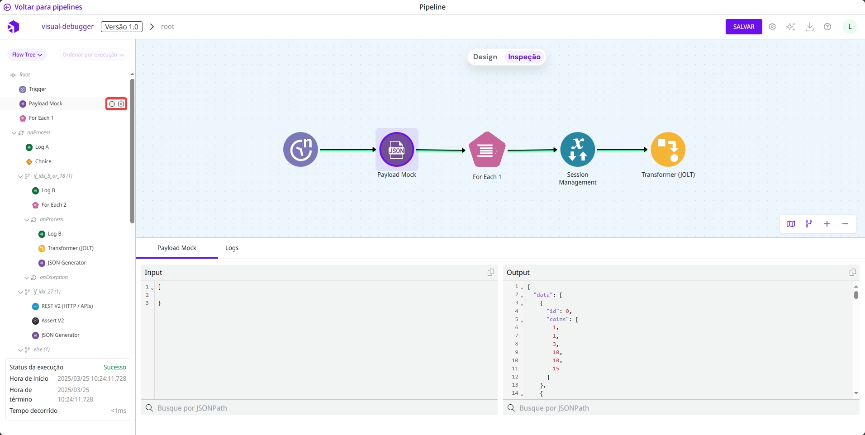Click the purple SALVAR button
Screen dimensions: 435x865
point(743,27)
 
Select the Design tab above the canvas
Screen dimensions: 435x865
point(485,57)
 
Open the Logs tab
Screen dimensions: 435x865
point(232,248)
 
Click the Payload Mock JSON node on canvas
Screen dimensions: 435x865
point(396,150)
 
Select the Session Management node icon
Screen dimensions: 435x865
point(577,150)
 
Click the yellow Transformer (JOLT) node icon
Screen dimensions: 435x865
point(668,150)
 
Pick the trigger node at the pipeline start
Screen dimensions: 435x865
point(300,150)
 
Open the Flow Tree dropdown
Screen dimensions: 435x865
point(27,55)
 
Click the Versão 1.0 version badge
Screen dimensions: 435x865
point(121,27)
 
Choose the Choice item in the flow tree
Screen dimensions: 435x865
point(43,161)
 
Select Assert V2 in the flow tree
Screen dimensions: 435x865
point(52,321)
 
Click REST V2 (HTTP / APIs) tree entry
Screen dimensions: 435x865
point(67,306)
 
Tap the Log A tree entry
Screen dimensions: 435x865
point(42,147)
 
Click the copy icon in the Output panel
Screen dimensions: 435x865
point(852,272)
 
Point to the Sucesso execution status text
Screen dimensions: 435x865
point(114,367)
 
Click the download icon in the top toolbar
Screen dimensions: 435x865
point(809,27)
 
